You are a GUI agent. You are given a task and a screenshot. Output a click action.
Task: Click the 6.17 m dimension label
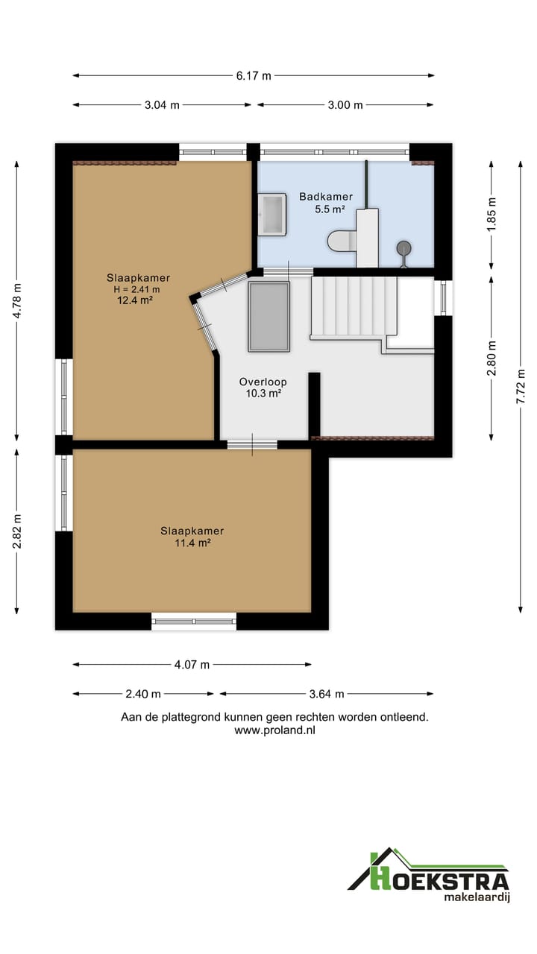coord(254,76)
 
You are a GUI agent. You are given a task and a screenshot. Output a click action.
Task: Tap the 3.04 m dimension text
coord(162,105)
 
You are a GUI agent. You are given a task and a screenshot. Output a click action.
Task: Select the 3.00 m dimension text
coord(345,105)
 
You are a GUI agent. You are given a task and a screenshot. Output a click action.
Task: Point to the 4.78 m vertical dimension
coord(17,300)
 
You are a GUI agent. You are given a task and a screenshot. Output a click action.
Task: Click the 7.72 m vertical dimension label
coord(521,387)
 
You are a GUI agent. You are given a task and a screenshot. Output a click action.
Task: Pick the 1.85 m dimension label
coord(492,215)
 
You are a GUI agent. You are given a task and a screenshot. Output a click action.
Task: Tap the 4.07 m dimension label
coord(192,664)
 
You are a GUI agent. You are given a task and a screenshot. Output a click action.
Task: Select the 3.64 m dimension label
coord(327,694)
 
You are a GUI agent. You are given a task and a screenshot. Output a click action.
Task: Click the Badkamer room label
coord(326,197)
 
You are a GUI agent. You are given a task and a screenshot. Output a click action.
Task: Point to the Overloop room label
coord(263,382)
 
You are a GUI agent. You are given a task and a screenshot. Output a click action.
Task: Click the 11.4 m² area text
coord(192,543)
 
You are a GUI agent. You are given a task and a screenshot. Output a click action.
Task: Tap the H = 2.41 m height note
coord(136,290)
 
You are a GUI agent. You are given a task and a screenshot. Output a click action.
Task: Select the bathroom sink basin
coord(272,214)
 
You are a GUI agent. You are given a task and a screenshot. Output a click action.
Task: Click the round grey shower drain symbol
coord(403,248)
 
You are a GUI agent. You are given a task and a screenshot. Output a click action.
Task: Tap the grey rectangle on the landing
coord(269,317)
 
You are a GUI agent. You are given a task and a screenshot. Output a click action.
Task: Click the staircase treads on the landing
coord(354,306)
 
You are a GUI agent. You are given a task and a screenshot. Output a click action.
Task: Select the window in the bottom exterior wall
coord(194,622)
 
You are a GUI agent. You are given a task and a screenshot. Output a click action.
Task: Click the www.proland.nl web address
coord(275,730)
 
